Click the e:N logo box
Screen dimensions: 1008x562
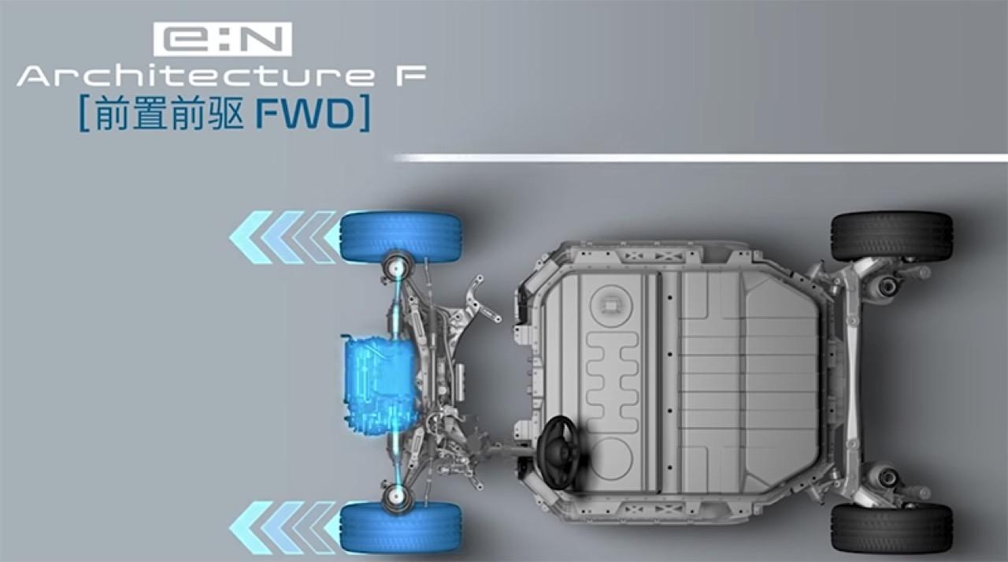click(223, 39)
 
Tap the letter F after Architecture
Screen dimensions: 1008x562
click(410, 76)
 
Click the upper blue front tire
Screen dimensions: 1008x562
click(401, 237)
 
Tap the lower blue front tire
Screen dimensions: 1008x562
click(401, 527)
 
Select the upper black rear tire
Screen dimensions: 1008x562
click(891, 236)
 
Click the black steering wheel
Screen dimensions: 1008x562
click(560, 452)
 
